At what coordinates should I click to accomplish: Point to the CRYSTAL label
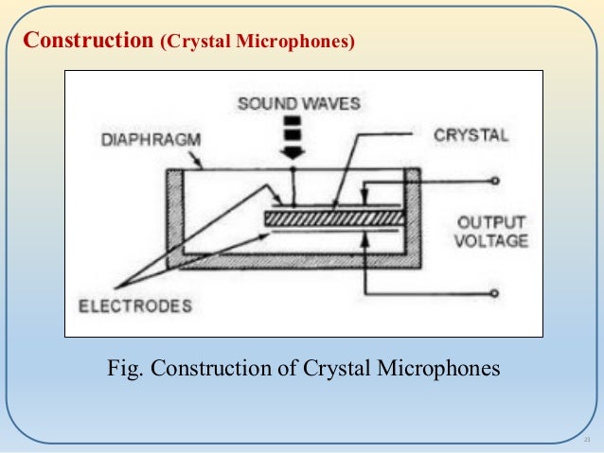tap(471, 135)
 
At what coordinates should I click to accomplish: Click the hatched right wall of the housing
tap(412, 218)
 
